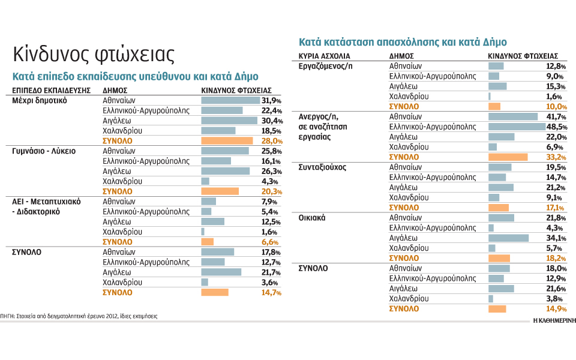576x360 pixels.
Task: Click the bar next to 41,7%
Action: click(513, 116)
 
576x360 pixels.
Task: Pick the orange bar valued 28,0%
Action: click(227, 140)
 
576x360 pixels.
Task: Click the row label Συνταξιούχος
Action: click(322, 167)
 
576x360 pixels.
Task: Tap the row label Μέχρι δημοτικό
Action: click(40, 100)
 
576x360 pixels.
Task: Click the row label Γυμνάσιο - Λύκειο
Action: click(44, 151)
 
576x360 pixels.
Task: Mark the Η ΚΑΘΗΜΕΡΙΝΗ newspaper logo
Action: click(554, 320)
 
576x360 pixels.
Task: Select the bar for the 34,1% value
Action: click(508, 238)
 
